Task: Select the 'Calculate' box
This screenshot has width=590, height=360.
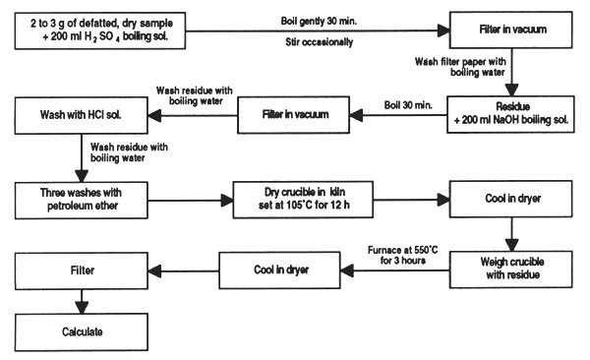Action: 79,331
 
